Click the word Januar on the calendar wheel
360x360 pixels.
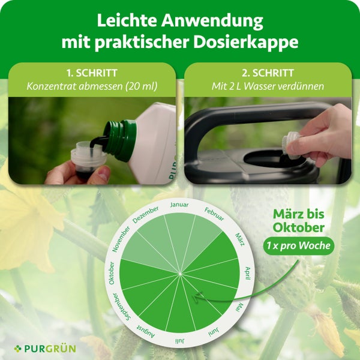point(179,205)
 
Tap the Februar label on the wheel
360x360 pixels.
point(214,214)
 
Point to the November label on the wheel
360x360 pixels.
point(120,239)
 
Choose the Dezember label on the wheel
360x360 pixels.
point(145,214)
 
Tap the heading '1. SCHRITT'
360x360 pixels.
point(92,73)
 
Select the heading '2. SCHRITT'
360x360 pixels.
point(268,73)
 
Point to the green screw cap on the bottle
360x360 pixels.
point(120,139)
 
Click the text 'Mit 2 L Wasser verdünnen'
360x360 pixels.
point(268,86)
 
